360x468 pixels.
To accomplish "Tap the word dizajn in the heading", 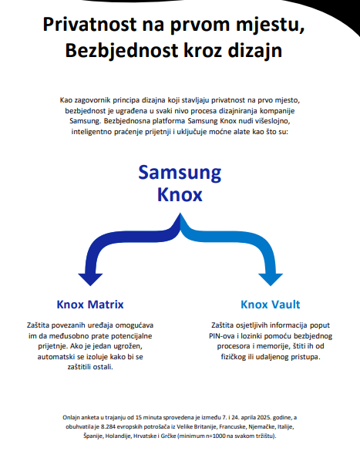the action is point(254,51).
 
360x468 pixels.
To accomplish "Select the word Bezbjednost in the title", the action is point(122,50).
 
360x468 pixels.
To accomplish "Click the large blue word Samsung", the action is point(180,173).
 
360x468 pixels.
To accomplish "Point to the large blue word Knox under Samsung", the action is point(180,194).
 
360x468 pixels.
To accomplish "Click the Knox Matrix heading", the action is point(90,305).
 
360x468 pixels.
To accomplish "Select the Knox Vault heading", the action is point(271,305).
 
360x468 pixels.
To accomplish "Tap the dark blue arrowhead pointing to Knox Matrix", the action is point(90,279).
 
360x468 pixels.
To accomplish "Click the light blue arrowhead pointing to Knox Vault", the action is point(271,279).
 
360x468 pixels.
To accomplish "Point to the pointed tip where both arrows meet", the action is point(180,213).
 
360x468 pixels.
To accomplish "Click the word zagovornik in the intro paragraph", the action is point(92,100).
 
